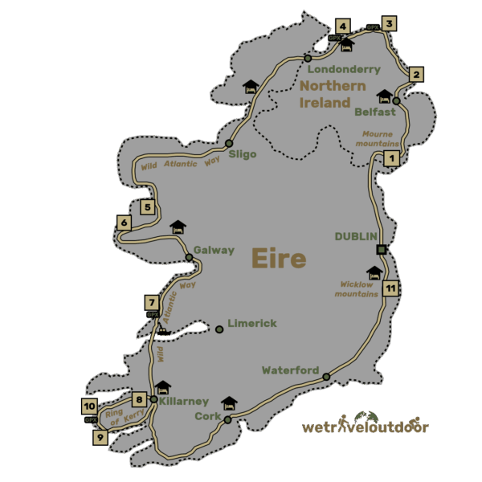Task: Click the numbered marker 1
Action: [x=391, y=158]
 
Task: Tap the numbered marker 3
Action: [x=389, y=22]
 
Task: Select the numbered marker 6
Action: [x=124, y=223]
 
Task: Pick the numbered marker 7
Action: [x=151, y=302]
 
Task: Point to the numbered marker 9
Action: [x=100, y=438]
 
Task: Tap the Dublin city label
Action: [x=356, y=235]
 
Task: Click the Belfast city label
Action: [x=375, y=112]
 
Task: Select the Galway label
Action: [x=214, y=250]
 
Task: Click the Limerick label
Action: [x=252, y=324]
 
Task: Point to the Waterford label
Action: [x=291, y=370]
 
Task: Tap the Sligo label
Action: [x=243, y=154]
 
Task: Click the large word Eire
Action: [x=279, y=259]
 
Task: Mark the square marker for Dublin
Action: [x=382, y=249]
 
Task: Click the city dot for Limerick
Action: [x=219, y=329]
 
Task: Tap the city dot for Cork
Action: [x=227, y=420]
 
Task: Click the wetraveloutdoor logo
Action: [x=366, y=426]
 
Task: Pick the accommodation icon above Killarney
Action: [x=162, y=387]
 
